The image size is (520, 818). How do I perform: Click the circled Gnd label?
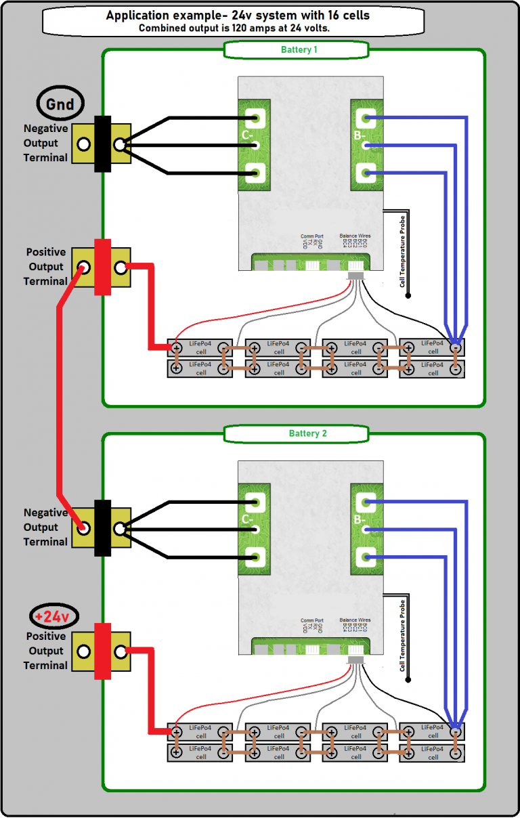(60, 104)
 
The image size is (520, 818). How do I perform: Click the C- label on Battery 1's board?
(247, 136)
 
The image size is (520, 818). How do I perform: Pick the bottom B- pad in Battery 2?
(366, 557)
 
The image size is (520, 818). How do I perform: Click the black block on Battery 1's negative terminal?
(102, 144)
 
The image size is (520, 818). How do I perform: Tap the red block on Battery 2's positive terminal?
(102, 651)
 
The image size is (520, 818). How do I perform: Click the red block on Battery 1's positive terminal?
(102, 267)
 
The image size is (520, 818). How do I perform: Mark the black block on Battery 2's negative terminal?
(102, 528)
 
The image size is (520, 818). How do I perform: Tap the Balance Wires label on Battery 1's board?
(355, 236)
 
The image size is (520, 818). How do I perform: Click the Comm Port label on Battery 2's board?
(312, 620)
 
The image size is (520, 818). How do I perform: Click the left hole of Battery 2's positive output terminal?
(83, 651)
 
